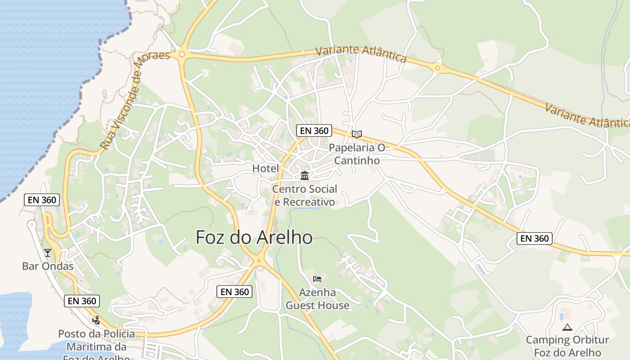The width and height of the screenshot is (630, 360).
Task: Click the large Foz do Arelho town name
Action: (x=254, y=237)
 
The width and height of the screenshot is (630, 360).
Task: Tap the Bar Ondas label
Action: (x=48, y=266)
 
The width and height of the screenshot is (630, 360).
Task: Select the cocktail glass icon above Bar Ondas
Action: (x=48, y=252)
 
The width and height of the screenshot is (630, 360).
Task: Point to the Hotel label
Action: (x=265, y=168)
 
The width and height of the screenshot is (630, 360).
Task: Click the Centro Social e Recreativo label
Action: (x=305, y=195)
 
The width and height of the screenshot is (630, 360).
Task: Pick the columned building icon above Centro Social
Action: (x=305, y=175)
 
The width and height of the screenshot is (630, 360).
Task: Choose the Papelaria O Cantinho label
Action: (x=357, y=154)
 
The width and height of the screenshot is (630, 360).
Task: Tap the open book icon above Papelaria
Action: (x=357, y=134)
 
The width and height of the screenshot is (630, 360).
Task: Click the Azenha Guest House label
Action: (x=318, y=299)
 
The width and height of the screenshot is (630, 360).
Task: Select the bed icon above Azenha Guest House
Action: (x=317, y=279)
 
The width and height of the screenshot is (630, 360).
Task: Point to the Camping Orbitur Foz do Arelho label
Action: (x=567, y=346)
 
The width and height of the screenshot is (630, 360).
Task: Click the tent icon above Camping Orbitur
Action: (x=567, y=327)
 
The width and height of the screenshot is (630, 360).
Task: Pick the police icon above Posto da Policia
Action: (x=96, y=320)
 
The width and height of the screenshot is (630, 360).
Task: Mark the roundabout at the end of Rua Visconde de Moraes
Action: (x=182, y=54)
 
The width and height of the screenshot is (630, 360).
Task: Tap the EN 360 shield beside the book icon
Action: (x=314, y=131)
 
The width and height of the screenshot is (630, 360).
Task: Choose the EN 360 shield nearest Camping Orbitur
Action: (x=535, y=238)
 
